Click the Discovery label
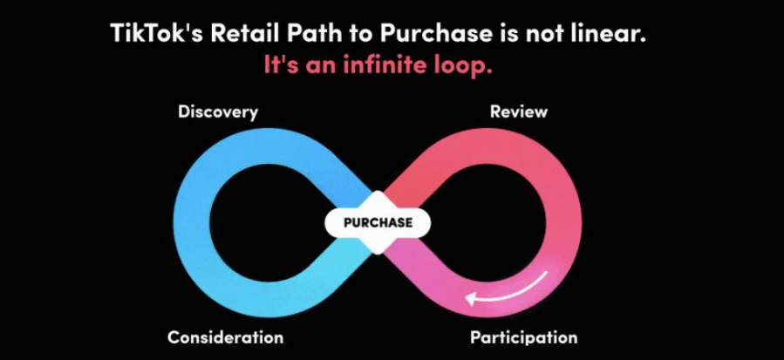tap(217, 112)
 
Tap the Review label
tap(518, 112)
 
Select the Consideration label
tap(225, 336)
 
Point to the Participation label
tap(523, 336)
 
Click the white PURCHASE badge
tap(378, 222)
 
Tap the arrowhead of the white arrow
tap(472, 299)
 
